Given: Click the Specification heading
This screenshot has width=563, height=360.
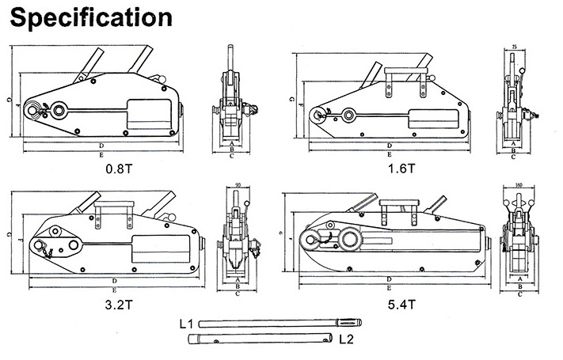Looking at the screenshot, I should click(x=88, y=17).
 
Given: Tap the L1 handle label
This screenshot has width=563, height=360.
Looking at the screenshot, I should click(x=186, y=324).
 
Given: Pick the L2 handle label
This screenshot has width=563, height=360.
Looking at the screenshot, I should click(x=345, y=339).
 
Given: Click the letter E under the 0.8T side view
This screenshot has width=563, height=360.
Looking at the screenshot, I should click(x=101, y=156).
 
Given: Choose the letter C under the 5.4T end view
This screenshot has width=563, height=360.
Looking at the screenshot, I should click(x=519, y=294).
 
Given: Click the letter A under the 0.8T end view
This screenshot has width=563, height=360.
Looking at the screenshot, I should click(x=231, y=142).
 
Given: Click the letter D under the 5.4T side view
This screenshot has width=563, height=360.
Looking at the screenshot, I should click(x=389, y=280).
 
